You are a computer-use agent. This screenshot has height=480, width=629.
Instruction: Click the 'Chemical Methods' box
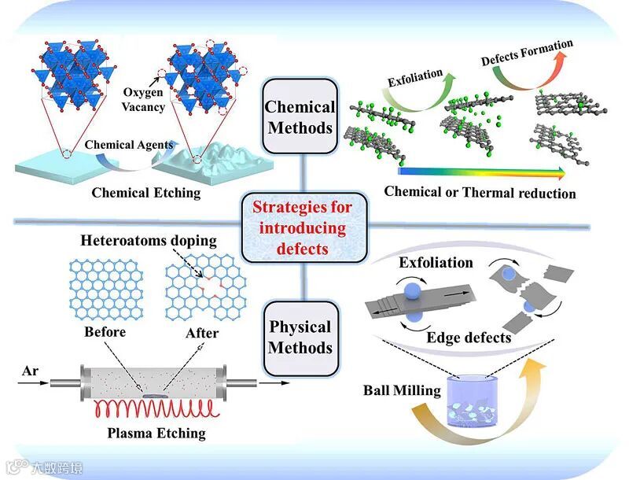(x=300, y=116)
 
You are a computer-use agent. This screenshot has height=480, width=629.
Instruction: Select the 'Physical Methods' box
(x=300, y=338)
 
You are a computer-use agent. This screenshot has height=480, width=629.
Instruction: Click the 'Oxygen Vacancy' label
(x=143, y=98)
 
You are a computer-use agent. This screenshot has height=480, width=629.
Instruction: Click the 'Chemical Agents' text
(x=128, y=145)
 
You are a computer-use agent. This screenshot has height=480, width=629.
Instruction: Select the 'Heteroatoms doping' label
(x=148, y=241)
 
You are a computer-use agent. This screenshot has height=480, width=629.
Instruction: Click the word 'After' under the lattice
(x=201, y=333)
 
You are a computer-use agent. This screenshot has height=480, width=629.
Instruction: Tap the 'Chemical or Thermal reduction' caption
(x=480, y=192)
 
